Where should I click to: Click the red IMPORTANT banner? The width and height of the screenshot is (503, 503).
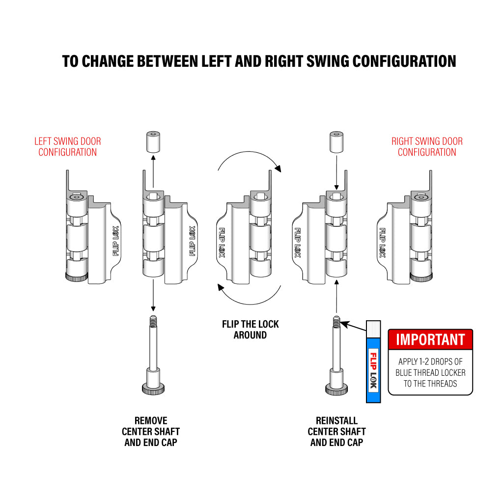[x=430, y=339]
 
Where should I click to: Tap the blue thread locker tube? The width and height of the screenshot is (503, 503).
[x=373, y=362]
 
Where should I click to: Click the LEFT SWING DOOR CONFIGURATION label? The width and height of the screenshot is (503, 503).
[x=68, y=146]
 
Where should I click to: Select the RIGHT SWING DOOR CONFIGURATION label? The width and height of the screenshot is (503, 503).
[x=427, y=146]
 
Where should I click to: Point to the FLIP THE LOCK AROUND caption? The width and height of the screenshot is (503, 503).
[x=250, y=330]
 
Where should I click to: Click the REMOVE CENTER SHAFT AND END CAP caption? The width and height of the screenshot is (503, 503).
[x=151, y=431]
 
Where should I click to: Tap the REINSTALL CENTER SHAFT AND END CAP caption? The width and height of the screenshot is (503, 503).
[x=336, y=431]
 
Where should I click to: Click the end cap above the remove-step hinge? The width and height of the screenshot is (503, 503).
[x=153, y=142]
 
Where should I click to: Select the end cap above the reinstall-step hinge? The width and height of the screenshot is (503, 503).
[x=336, y=142]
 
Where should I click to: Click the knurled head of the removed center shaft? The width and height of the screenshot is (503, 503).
[x=153, y=389]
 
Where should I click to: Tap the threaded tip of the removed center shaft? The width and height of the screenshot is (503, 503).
[x=153, y=320]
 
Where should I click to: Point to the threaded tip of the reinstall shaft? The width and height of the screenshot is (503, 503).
[x=336, y=321]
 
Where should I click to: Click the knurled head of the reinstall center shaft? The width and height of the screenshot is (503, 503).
[x=336, y=390]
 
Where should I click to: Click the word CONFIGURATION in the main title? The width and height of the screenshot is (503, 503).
[x=404, y=61]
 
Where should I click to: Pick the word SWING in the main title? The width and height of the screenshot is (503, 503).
[x=328, y=61]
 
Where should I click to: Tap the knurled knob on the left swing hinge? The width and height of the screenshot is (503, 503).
[x=76, y=277]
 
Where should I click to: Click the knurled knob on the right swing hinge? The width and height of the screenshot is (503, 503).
[x=421, y=277]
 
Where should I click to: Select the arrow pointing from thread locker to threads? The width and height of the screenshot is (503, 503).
[x=353, y=326]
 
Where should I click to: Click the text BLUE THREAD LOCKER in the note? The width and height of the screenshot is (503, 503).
[x=430, y=373]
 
